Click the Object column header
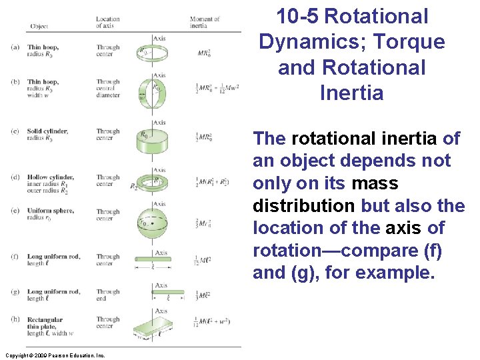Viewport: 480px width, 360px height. (39, 26)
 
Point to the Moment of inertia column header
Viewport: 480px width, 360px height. (205, 23)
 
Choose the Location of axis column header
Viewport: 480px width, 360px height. (108, 23)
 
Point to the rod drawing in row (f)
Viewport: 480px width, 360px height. (153, 259)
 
